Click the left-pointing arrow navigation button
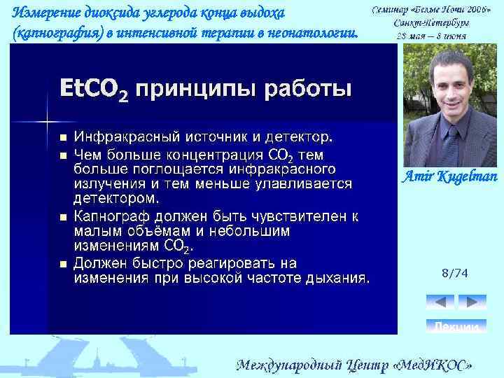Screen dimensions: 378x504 [x=440, y=302]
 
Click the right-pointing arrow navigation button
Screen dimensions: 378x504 [x=472, y=302]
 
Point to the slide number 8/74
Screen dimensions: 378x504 [x=455, y=272]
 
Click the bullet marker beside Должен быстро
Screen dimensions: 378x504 [x=62, y=265]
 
